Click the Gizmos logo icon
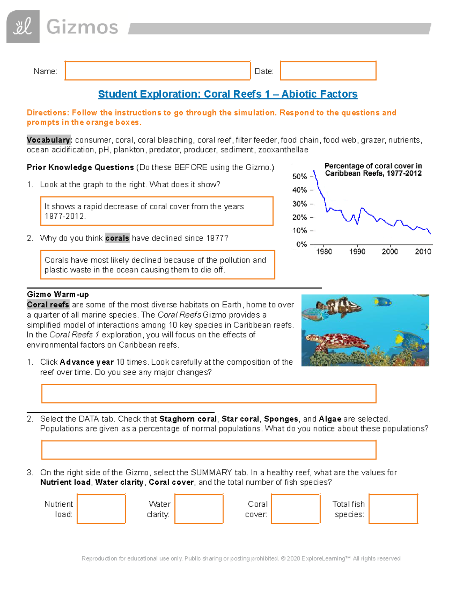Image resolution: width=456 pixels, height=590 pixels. click(x=23, y=27)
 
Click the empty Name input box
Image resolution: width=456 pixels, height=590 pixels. click(x=157, y=71)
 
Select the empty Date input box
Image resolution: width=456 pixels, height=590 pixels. click(x=328, y=71)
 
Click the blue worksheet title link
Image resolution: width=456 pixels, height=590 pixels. click(x=228, y=94)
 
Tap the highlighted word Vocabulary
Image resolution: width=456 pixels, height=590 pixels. click(x=49, y=140)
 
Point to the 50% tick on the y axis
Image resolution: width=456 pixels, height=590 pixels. click(x=299, y=177)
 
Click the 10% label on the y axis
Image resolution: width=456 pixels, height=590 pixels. click(x=299, y=231)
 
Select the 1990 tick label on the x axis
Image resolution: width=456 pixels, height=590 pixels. click(x=357, y=252)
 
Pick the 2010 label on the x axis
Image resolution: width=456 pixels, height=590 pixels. click(x=423, y=252)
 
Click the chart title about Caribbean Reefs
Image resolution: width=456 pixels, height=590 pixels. click(x=373, y=170)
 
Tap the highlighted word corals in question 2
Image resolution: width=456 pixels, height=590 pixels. click(x=117, y=238)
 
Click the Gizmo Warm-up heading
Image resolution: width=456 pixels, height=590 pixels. click(x=58, y=294)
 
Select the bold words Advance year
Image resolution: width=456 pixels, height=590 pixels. click(x=87, y=362)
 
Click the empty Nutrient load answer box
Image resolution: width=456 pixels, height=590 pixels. click(x=101, y=509)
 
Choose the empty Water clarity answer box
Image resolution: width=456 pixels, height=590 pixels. click(x=199, y=509)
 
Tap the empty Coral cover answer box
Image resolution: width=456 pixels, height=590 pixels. click(x=296, y=509)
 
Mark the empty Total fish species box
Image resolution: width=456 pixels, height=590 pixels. click(x=393, y=509)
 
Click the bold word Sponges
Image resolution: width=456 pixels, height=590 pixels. click(x=281, y=419)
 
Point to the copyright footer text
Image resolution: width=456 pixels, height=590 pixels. click(x=241, y=558)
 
